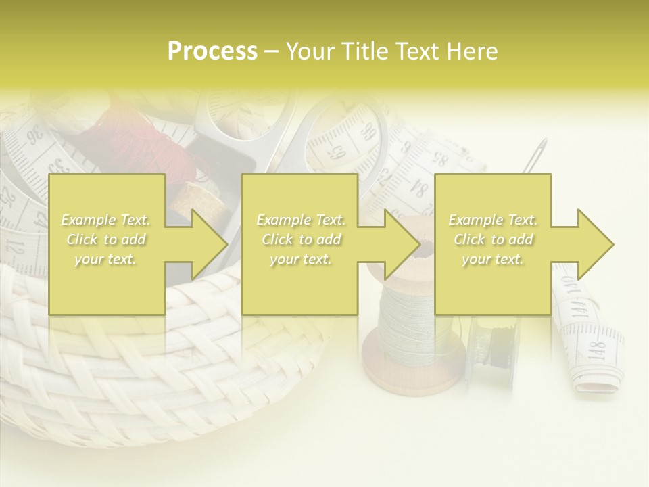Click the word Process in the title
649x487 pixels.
(212, 51)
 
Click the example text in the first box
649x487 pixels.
(105, 239)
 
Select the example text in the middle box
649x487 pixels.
(300, 239)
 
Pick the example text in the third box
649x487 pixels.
(493, 239)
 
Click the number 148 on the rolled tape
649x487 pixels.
(596, 350)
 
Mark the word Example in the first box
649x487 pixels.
(87, 220)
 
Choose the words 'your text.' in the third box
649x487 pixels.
(493, 259)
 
